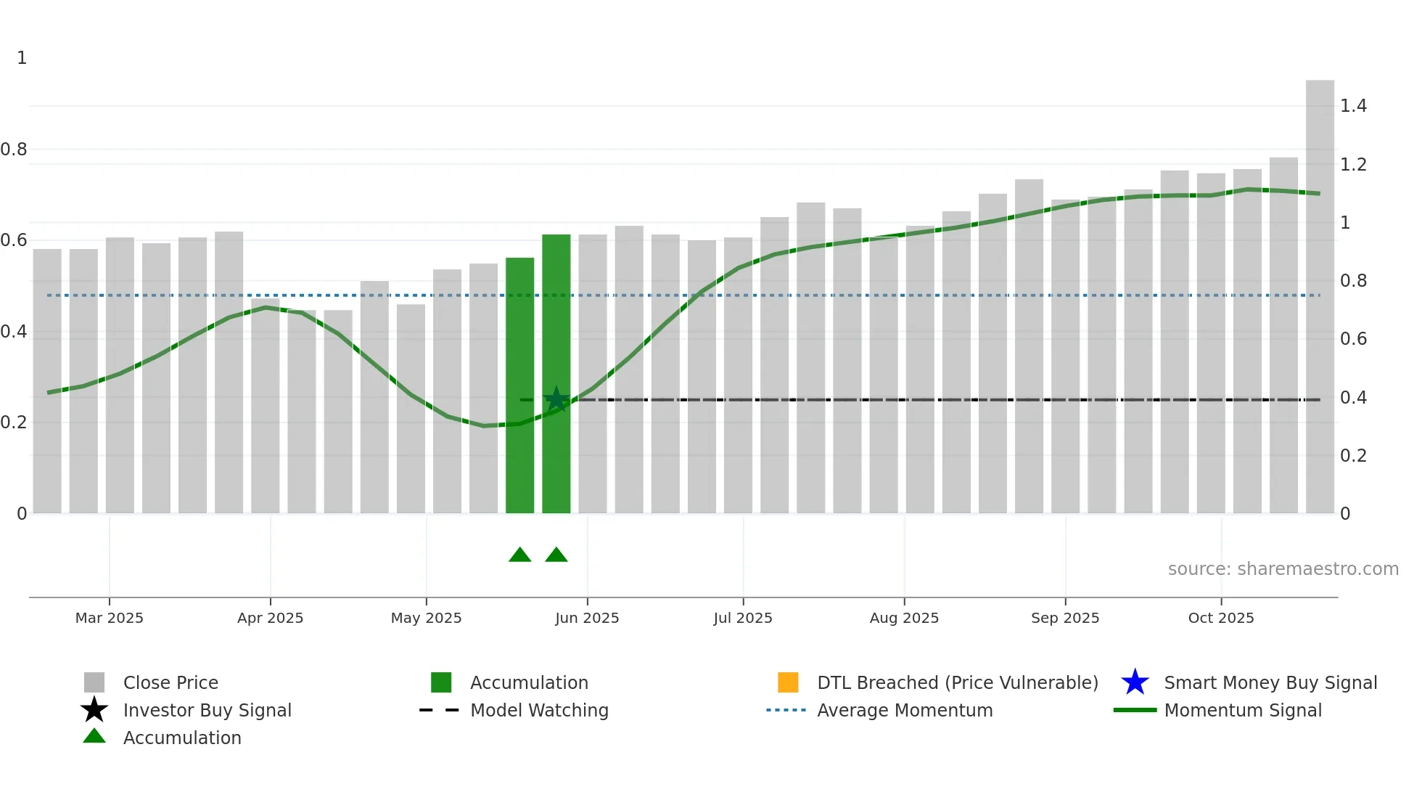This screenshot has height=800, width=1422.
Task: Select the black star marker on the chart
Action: tap(556, 399)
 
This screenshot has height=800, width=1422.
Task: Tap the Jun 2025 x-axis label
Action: tap(587, 618)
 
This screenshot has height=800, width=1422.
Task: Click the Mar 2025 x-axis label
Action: tap(110, 618)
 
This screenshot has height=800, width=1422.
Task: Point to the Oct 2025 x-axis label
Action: tap(1221, 618)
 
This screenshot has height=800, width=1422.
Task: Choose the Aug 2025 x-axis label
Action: tap(904, 618)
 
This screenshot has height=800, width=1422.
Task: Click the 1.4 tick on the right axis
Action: tap(1353, 106)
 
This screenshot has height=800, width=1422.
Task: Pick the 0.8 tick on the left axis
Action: tap(14, 150)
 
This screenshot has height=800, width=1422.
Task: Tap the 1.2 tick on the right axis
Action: tap(1353, 165)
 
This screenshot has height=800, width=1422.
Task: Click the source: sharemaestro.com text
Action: tap(1283, 569)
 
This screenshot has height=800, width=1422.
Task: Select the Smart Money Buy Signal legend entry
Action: tap(1270, 682)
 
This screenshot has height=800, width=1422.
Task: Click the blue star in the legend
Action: tap(1135, 682)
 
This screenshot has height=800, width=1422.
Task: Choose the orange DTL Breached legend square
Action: tap(788, 682)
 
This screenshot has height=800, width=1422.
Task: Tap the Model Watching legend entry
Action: tap(539, 710)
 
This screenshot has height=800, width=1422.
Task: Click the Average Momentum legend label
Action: tap(905, 710)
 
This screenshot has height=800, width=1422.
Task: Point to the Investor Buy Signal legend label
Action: tap(207, 710)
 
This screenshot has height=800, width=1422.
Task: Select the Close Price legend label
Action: tap(170, 682)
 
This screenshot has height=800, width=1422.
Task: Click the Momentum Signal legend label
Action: tap(1243, 710)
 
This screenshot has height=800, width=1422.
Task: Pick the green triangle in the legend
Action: tap(94, 736)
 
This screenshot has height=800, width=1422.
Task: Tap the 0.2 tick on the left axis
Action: tap(14, 423)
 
